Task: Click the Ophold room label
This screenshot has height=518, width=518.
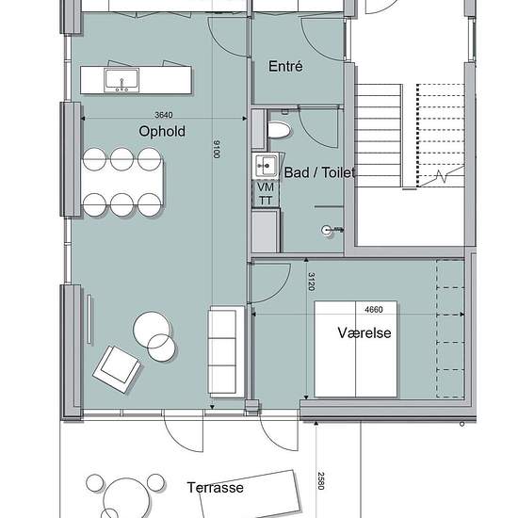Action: coord(162,132)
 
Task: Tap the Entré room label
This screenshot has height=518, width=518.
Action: coord(285,67)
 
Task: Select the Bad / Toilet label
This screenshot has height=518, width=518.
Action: coord(319,172)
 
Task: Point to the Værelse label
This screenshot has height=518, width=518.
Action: coord(364,332)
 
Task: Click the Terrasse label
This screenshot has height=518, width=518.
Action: coord(216,488)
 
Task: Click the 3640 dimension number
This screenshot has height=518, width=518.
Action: coord(164,115)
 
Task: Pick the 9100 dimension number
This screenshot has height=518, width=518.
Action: coord(217,149)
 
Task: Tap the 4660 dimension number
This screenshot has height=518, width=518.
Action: coord(374,310)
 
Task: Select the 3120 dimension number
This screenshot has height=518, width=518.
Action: coord(311,282)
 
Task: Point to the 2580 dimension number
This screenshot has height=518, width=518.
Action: coord(321,480)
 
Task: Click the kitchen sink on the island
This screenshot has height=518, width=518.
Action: coord(121,80)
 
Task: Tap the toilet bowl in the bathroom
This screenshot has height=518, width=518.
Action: coord(279,130)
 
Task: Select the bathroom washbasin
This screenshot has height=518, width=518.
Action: coord(266,166)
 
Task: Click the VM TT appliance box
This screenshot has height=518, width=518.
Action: coord(266,194)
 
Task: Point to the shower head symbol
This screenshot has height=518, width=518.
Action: coord(327,230)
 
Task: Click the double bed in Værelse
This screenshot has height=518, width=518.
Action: coord(355,348)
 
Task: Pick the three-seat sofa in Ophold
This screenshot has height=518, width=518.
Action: coord(226,351)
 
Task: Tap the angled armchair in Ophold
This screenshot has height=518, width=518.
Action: coord(117,369)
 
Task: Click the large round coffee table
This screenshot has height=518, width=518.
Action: coord(152,330)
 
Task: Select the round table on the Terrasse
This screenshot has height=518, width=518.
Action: coord(127,498)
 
